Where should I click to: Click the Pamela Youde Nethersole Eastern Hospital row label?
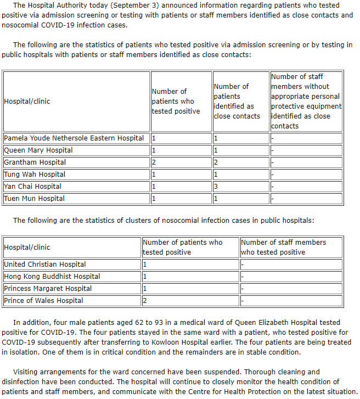tap(74, 138)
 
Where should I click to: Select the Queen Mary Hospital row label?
tap(38, 150)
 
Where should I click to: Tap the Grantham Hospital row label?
tap(35, 162)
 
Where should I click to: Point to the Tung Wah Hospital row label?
tap(35, 175)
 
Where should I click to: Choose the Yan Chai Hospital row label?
tap(32, 187)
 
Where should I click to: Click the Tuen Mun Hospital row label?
tap(34, 199)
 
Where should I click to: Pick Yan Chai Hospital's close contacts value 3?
tap(216, 187)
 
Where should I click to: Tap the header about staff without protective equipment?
tap(306, 101)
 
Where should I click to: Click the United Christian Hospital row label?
tap(45, 265)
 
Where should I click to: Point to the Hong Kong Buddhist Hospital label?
tap(52, 277)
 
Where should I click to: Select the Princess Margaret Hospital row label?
tap(48, 289)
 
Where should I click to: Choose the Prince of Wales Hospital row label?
tap(43, 301)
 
